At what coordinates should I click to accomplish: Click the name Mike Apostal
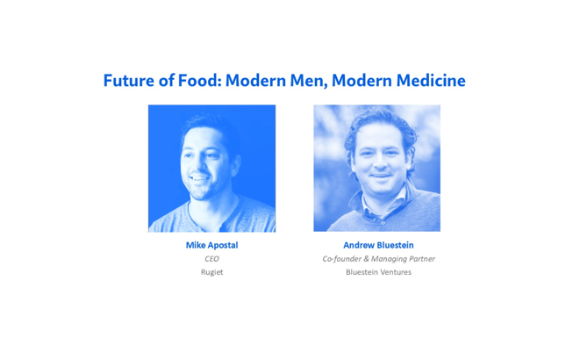(211, 245)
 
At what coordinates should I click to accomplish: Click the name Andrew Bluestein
(378, 245)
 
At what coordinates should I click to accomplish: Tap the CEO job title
(211, 259)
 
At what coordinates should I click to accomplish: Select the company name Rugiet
(211, 272)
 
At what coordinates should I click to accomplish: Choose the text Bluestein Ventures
(378, 272)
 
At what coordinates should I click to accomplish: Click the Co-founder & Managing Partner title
(378, 259)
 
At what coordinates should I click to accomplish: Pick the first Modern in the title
(256, 81)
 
